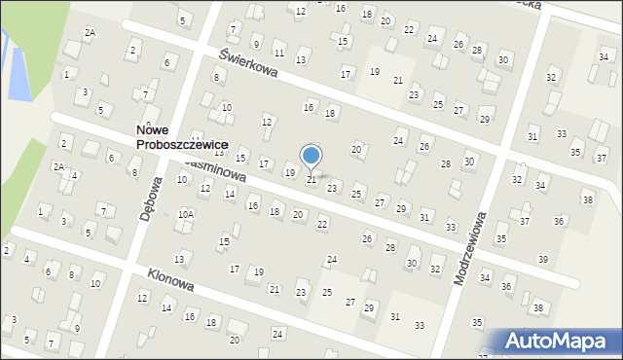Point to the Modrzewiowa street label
(x=472, y=250)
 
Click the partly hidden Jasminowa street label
(x=222, y=170)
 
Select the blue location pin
(x=311, y=156)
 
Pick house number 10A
(x=185, y=213)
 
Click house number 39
(x=543, y=259)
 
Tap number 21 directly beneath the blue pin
(x=311, y=180)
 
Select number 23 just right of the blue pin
(x=332, y=188)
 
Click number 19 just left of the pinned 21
(x=289, y=172)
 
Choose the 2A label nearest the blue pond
(x=90, y=32)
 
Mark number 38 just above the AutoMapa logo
(x=538, y=308)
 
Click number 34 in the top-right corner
(x=604, y=57)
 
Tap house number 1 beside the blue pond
(x=65, y=74)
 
